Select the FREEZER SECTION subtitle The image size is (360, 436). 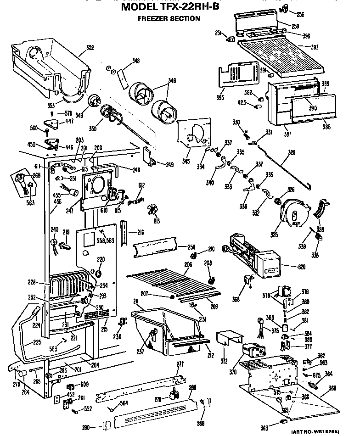click(x=169, y=19)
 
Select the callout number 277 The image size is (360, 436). click(x=180, y=364)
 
